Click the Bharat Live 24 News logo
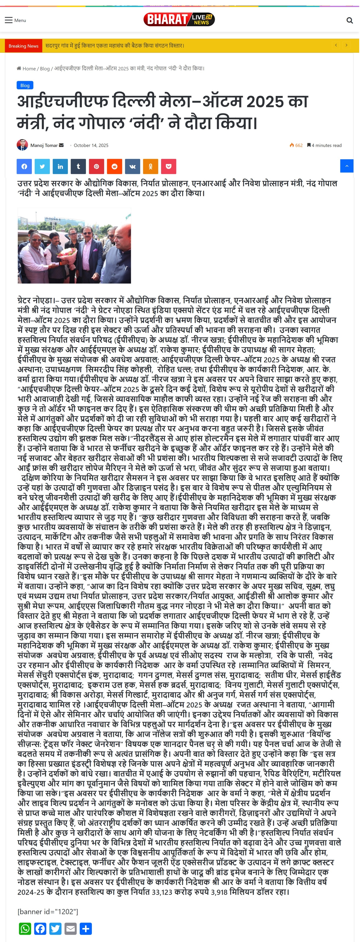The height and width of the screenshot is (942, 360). pyautogui.click(x=179, y=19)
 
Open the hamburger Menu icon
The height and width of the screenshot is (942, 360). pyautogui.click(x=9, y=20)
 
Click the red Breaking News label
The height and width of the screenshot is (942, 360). pyautogui.click(x=23, y=46)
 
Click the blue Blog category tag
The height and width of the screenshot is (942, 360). pyautogui.click(x=25, y=85)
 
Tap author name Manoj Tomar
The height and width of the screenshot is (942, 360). pyautogui.click(x=44, y=145)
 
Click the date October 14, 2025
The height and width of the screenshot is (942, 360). pyautogui.click(x=91, y=145)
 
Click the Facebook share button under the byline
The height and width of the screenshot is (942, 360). pyautogui.click(x=24, y=166)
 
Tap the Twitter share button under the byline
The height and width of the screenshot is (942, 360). pyautogui.click(x=42, y=166)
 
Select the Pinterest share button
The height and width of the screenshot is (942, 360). pyautogui.click(x=96, y=166)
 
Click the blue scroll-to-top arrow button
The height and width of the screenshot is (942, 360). pyautogui.click(x=347, y=166)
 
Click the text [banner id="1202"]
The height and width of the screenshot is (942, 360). pyautogui.click(x=48, y=911)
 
